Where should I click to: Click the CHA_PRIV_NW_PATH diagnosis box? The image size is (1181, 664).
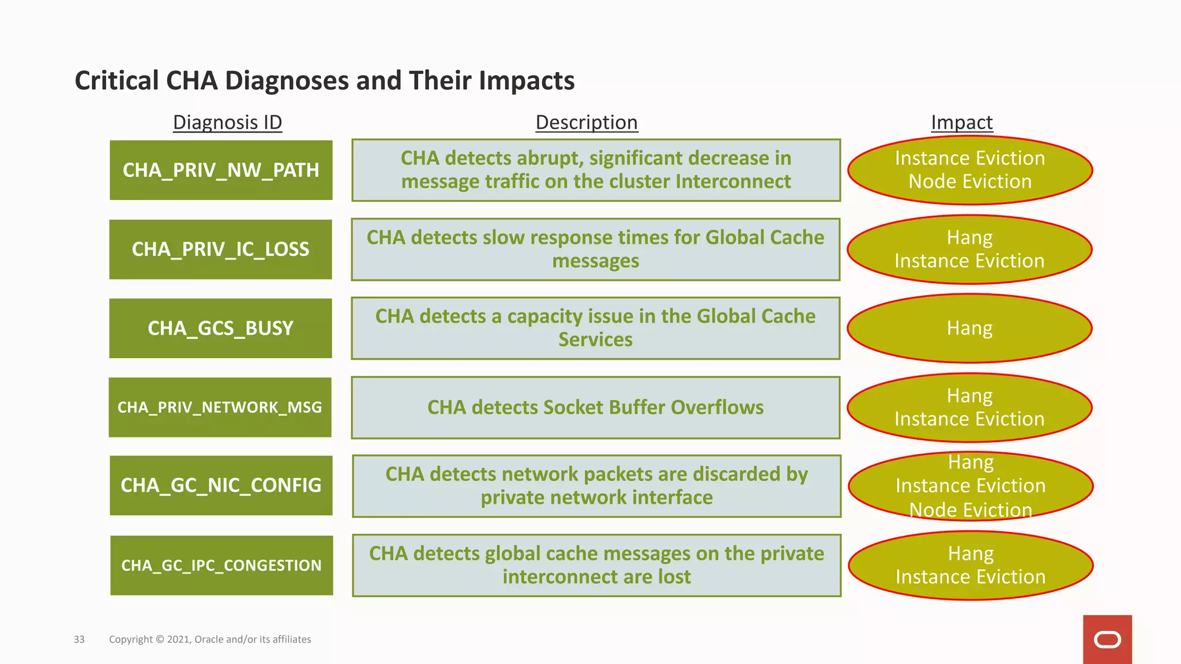pyautogui.click(x=221, y=170)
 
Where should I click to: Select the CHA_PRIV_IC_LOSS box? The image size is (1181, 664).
pyautogui.click(x=220, y=249)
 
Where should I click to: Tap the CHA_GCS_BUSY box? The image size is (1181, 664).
pyautogui.click(x=220, y=328)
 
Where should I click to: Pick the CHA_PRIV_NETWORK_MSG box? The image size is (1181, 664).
pyautogui.click(x=220, y=407)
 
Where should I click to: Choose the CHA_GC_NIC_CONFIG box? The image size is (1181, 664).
pyautogui.click(x=221, y=485)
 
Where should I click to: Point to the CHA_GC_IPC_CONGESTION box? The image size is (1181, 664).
pyautogui.click(x=221, y=565)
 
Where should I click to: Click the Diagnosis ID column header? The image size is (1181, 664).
pyautogui.click(x=227, y=122)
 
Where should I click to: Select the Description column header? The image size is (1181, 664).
pyautogui.click(x=586, y=122)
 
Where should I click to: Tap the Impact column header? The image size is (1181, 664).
pyautogui.click(x=961, y=122)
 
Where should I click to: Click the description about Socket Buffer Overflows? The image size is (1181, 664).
pyautogui.click(x=596, y=408)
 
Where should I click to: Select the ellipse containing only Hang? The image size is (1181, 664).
pyautogui.click(x=969, y=328)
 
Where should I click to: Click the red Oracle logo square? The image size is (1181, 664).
pyautogui.click(x=1107, y=639)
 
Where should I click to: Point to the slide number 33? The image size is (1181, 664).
pyautogui.click(x=79, y=639)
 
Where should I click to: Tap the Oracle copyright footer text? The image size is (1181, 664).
pyautogui.click(x=210, y=639)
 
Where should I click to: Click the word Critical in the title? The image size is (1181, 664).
pyautogui.click(x=116, y=81)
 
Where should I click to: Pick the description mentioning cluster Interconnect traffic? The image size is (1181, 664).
pyautogui.click(x=596, y=170)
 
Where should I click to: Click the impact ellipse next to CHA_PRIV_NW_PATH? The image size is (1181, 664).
pyautogui.click(x=969, y=170)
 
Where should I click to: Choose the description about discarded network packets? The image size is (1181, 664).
pyautogui.click(x=596, y=486)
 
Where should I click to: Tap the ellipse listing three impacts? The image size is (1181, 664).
pyautogui.click(x=970, y=486)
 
